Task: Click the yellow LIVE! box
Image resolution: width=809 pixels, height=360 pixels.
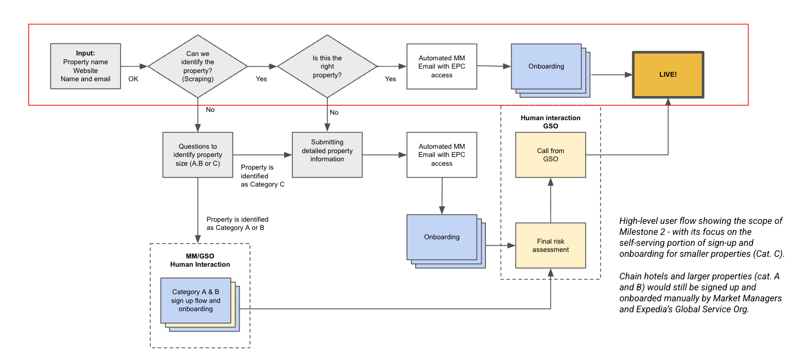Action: tap(667, 75)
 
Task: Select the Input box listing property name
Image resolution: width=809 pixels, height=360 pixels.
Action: tap(86, 66)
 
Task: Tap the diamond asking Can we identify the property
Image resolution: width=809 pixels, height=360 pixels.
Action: tap(197, 66)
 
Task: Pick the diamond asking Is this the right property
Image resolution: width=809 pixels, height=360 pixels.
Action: tap(327, 66)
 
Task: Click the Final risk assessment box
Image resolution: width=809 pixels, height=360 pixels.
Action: tap(551, 245)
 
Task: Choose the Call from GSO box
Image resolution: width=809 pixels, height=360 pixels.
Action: tap(551, 155)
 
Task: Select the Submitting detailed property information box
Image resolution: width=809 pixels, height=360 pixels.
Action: tap(327, 155)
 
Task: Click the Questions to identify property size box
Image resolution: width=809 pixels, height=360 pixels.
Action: tap(197, 155)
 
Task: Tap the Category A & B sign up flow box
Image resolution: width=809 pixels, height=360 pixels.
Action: tap(196, 301)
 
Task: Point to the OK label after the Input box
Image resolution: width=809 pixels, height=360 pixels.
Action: tap(133, 79)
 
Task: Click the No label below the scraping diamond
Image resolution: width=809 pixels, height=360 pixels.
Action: tap(210, 110)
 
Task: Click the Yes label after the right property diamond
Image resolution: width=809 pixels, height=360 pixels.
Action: tap(391, 79)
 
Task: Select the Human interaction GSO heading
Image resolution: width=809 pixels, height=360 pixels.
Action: tap(550, 122)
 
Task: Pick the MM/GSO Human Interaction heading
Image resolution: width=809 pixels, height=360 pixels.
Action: tap(200, 260)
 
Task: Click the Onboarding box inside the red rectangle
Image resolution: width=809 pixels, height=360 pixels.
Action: tap(546, 66)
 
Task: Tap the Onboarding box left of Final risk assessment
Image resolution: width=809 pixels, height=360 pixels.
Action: tap(442, 237)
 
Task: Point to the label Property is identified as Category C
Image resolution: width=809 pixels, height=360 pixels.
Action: tap(262, 176)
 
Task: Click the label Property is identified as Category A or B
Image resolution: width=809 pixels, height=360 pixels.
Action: tap(237, 223)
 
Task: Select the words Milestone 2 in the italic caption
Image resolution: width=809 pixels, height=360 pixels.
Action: tap(643, 232)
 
